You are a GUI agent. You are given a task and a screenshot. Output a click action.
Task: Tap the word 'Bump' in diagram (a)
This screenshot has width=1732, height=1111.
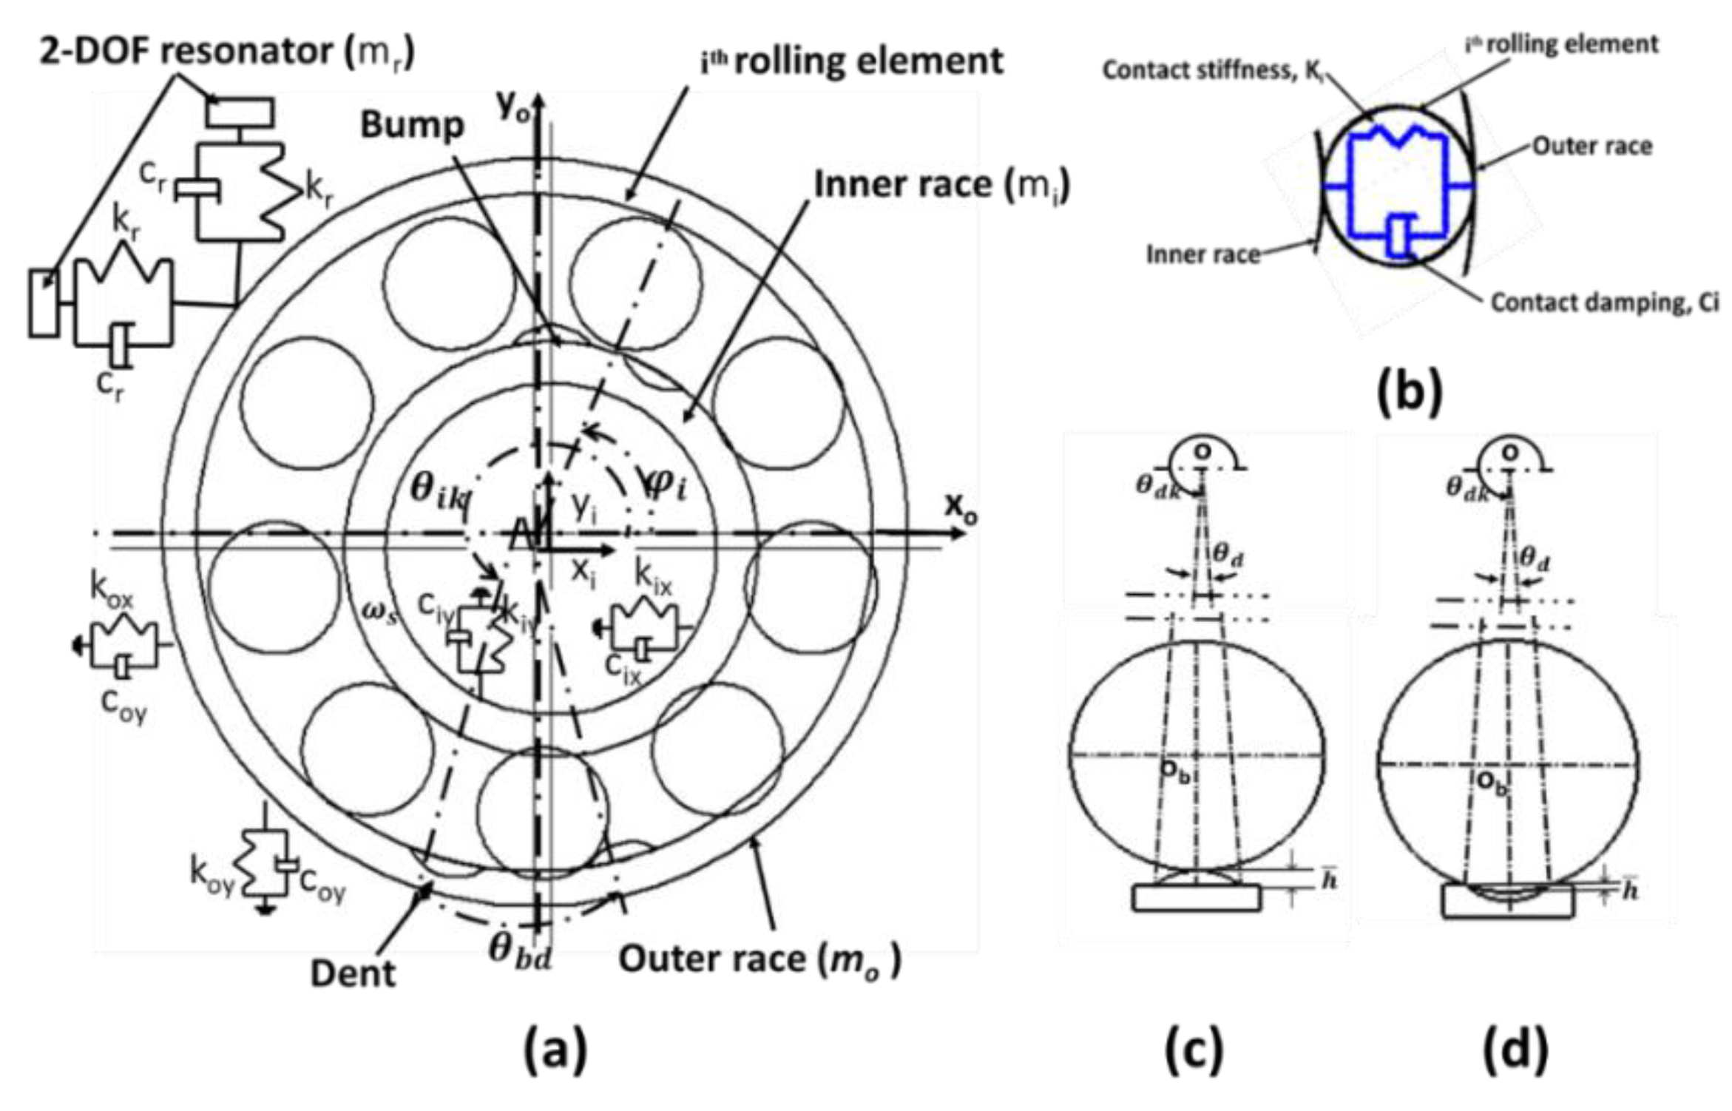(412, 126)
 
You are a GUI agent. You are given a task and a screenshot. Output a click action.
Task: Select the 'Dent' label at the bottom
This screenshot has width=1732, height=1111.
(353, 973)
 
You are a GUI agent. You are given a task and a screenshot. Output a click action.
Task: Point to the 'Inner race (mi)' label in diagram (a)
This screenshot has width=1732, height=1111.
(941, 185)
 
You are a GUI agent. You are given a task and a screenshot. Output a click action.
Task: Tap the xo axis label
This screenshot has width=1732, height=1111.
(959, 508)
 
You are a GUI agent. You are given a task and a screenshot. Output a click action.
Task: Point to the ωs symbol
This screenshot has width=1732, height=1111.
(379, 612)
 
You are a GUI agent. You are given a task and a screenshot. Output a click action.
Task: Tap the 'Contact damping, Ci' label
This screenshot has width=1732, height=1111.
(1603, 303)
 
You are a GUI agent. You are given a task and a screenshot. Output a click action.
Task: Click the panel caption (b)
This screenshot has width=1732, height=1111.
(1410, 393)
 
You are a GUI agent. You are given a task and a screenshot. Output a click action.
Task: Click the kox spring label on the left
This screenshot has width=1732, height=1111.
(112, 588)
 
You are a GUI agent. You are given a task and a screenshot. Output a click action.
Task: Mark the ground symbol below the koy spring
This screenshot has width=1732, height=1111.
(265, 910)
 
